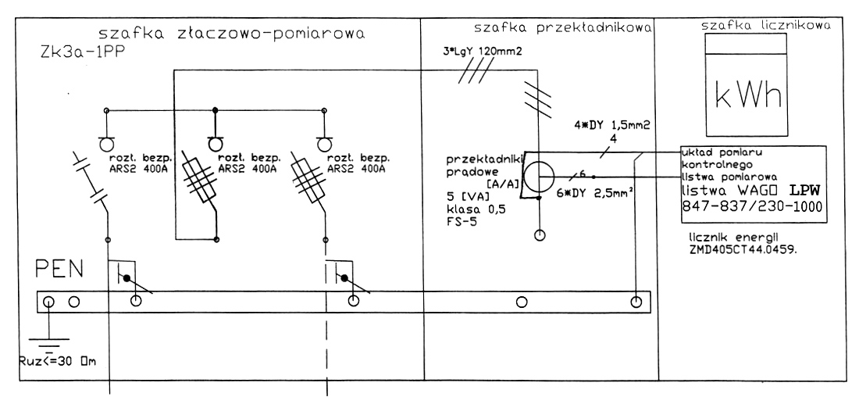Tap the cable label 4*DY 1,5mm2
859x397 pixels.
point(607,125)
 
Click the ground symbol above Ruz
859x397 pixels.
point(49,338)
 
